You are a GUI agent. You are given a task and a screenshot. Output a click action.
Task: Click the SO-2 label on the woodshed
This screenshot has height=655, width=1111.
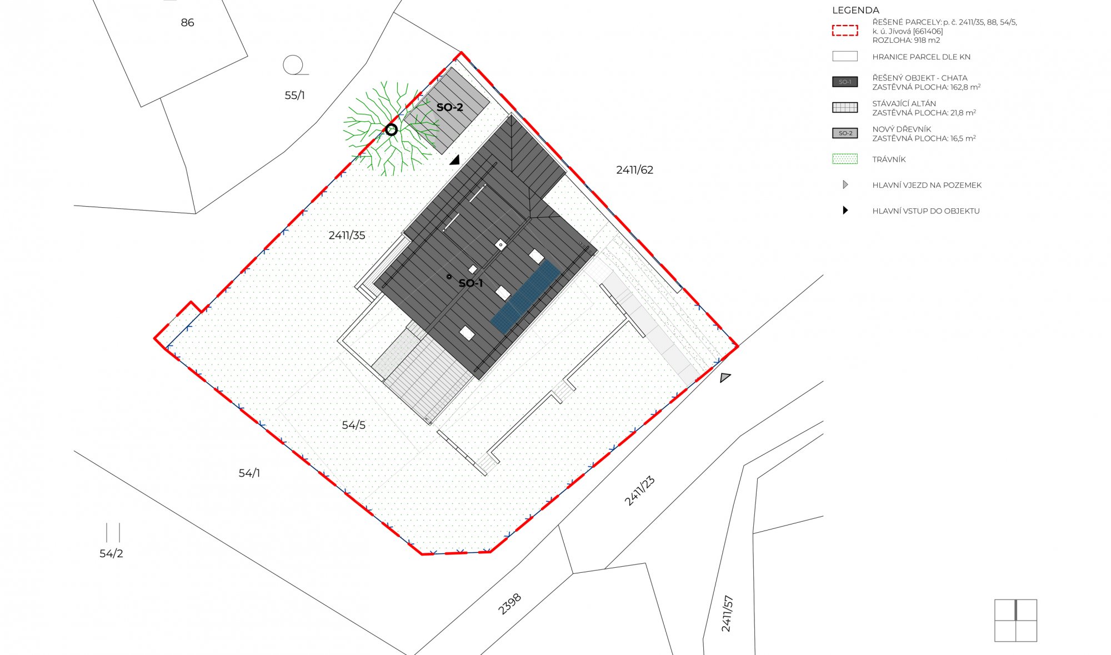pos(449,107)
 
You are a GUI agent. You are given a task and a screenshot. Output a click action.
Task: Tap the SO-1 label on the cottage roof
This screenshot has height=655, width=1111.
pos(471,283)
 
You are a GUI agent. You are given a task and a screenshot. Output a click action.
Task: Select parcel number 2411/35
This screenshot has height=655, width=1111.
pos(347,236)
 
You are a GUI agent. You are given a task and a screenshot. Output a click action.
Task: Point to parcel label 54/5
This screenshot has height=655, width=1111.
pos(353,425)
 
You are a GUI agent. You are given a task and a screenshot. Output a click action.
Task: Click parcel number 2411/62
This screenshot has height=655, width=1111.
pos(634,170)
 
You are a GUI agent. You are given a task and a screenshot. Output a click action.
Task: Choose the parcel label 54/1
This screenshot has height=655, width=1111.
pos(249,473)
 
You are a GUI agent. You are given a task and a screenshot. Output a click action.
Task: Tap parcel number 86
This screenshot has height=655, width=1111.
pos(187,23)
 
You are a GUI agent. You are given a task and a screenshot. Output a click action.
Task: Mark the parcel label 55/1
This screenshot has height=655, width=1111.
pos(294,96)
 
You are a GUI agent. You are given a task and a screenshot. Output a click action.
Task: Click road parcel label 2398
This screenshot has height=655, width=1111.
pos(509,604)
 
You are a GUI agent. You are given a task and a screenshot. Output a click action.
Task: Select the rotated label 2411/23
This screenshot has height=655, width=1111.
pos(639,491)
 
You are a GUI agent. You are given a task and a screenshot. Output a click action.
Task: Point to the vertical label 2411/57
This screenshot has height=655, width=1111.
pos(727,614)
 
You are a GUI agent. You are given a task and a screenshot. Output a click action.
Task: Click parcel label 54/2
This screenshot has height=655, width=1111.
pos(111,554)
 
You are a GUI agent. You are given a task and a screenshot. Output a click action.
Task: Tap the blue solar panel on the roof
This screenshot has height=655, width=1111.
pos(526,297)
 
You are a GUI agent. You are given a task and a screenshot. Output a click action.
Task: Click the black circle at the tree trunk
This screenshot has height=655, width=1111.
pos(392,130)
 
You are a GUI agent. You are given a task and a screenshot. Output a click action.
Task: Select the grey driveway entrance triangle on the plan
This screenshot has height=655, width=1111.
pos(725,378)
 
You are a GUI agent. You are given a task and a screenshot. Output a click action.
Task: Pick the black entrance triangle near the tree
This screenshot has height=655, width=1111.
pos(456,161)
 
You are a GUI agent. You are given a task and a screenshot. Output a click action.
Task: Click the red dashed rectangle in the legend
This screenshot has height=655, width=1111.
pos(845,31)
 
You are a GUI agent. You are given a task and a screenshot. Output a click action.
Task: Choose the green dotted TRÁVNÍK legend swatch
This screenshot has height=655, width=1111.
pos(845,159)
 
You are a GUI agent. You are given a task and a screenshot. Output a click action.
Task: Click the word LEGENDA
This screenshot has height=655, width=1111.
pos(855,10)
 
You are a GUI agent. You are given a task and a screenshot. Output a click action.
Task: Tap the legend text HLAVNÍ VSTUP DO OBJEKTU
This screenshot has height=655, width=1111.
pos(926,211)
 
